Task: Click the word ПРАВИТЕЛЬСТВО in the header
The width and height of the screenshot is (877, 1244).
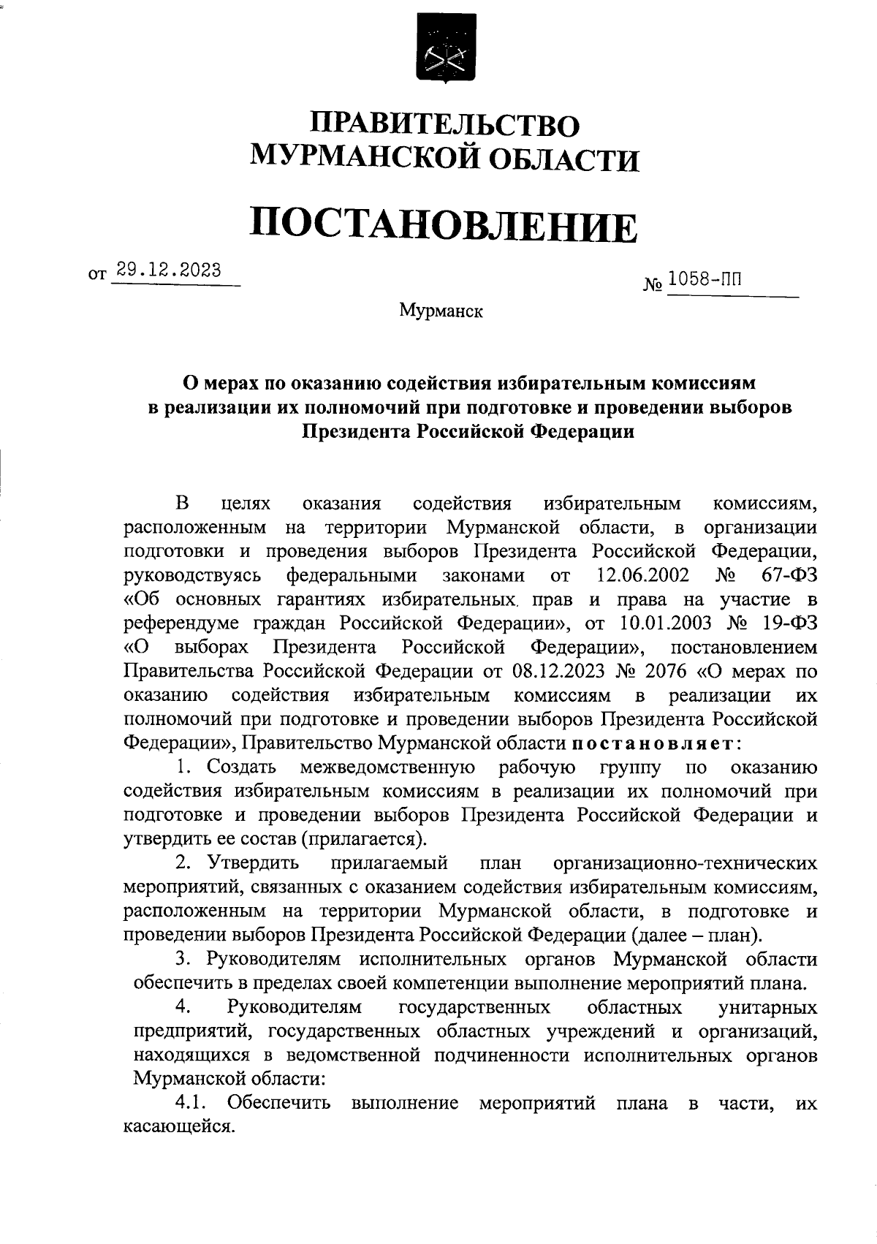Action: tap(445, 123)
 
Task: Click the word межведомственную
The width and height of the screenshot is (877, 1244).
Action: tap(388, 767)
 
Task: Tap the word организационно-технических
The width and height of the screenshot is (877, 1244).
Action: tap(686, 863)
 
